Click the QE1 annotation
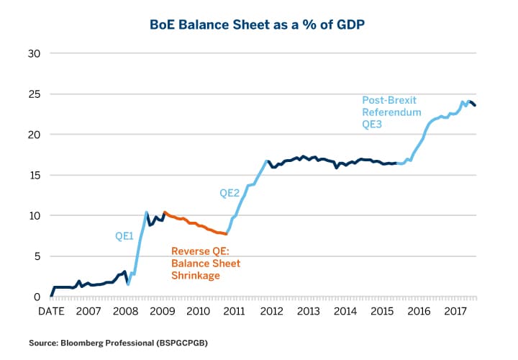[124, 235]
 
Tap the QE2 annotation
[229, 193]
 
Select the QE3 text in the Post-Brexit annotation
[372, 125]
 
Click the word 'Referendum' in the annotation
[388, 112]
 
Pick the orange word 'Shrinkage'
[196, 276]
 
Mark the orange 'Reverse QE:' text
[199, 251]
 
